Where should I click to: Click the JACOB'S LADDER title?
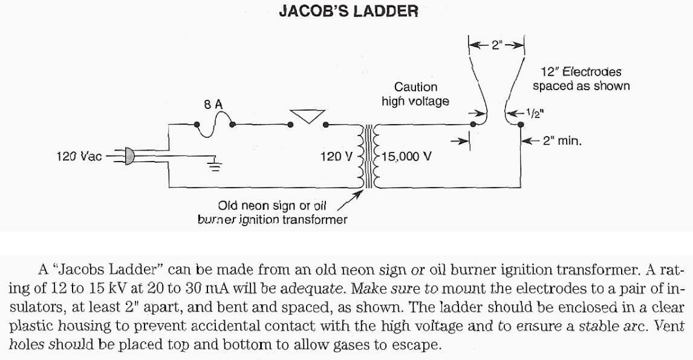[348, 11]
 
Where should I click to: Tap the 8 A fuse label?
[213, 104]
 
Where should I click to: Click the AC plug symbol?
[126, 156]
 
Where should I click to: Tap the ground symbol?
[215, 165]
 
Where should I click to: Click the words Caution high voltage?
[415, 94]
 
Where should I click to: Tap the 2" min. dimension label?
[562, 142]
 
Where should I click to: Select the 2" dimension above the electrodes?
[496, 45]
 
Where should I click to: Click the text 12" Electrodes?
[581, 72]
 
